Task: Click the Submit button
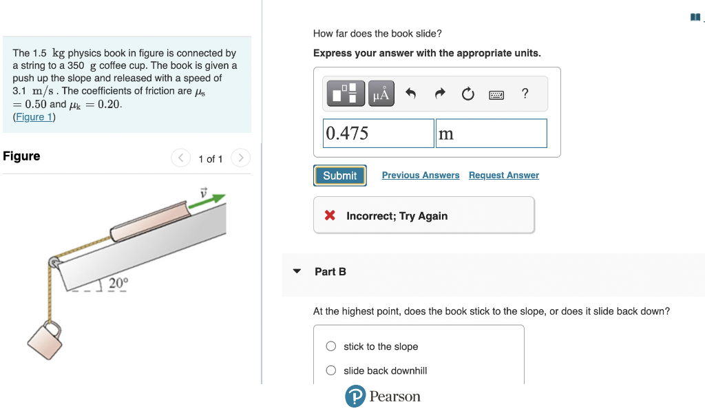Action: [339, 176]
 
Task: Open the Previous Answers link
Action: [420, 176]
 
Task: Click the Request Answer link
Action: [503, 176]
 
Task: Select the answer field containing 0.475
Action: [379, 134]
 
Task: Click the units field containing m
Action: [491, 134]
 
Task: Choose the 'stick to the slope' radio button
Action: [331, 346]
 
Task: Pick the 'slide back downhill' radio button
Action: [331, 370]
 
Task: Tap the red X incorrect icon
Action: [330, 215]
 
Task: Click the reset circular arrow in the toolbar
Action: [467, 94]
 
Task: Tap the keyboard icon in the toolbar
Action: [496, 94]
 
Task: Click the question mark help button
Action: [525, 94]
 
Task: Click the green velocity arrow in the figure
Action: [215, 199]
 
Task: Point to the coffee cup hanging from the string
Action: [45, 339]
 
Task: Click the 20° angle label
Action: [118, 282]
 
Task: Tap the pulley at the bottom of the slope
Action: [53, 262]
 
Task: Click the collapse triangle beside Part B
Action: [297, 271]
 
